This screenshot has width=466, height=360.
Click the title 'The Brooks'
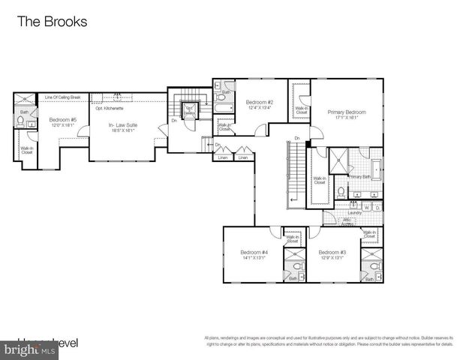point(52,22)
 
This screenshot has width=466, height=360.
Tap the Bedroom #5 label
point(63,120)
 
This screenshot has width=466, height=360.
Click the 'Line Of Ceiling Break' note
point(62,97)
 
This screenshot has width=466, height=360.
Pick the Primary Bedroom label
point(347,112)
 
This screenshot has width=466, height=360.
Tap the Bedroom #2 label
point(260,102)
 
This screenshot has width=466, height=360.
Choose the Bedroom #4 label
point(254,252)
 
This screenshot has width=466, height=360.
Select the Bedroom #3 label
point(332,252)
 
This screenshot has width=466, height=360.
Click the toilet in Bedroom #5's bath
point(22,122)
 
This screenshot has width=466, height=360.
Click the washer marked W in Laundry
point(367,207)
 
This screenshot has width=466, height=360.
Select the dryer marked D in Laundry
point(377,207)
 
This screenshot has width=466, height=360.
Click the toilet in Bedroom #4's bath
point(297,265)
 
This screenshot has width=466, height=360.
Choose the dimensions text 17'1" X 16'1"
point(347,118)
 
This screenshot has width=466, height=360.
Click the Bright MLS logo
point(30,349)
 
